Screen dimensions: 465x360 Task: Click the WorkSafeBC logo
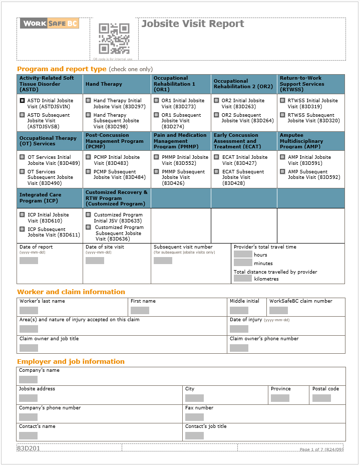tap(50, 23)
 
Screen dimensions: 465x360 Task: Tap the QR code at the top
tap(114, 39)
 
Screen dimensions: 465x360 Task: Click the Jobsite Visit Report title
tap(193, 24)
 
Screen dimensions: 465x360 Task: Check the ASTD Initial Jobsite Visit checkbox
tap(22, 100)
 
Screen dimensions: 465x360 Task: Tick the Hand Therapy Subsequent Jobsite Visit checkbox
tap(88, 115)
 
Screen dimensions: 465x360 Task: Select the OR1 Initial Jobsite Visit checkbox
tap(156, 100)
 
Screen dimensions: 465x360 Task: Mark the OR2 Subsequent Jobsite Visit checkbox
tap(216, 115)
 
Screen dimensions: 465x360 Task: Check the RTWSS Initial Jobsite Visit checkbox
tap(282, 100)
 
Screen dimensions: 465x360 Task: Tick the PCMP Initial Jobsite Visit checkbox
tap(88, 157)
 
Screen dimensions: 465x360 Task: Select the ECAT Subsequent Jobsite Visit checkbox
tap(216, 171)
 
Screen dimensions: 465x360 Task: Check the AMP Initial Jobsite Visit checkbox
tap(282, 157)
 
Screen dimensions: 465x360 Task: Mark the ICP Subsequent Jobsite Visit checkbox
tap(22, 229)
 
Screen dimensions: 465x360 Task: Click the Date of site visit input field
tap(95, 261)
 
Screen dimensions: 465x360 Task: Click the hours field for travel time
tap(243, 255)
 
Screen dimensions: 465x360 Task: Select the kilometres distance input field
tap(243, 279)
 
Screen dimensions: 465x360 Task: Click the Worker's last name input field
tap(29, 311)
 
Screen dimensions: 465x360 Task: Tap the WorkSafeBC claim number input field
tap(278, 311)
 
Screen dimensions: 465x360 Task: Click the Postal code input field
tap(321, 398)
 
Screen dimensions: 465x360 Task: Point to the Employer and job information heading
tap(71, 361)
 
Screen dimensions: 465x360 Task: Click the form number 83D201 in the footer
tap(29, 448)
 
